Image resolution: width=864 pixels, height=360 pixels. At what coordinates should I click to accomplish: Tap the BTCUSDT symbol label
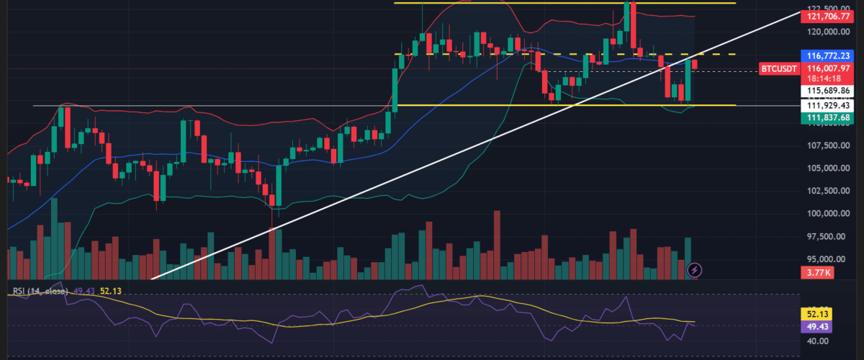[778, 69]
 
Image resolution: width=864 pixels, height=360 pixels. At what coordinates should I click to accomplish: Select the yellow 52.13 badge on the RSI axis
[817, 315]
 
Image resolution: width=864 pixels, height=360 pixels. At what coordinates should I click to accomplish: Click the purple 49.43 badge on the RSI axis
[817, 326]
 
